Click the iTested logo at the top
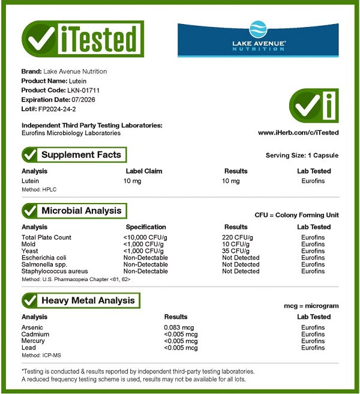pos(82,39)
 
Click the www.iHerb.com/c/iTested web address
pos(298,133)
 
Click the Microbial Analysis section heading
pos(81,211)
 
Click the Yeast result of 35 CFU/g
pos(235,251)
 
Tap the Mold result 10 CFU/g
pos(235,244)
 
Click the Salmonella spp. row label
pos(44,264)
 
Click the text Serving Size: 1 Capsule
pos(302,156)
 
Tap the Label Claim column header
pos(144,171)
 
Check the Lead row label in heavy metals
pos(28,348)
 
